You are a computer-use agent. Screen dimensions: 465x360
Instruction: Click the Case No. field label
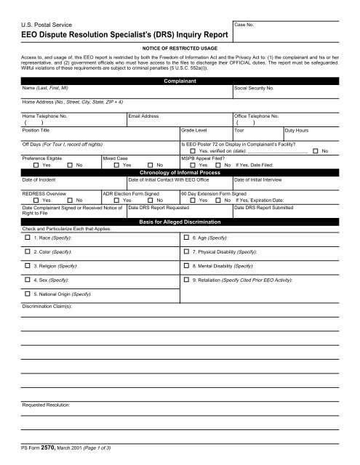pyautogui.click(x=245, y=25)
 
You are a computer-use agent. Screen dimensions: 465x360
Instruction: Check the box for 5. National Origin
pyautogui.click(x=28, y=319)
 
